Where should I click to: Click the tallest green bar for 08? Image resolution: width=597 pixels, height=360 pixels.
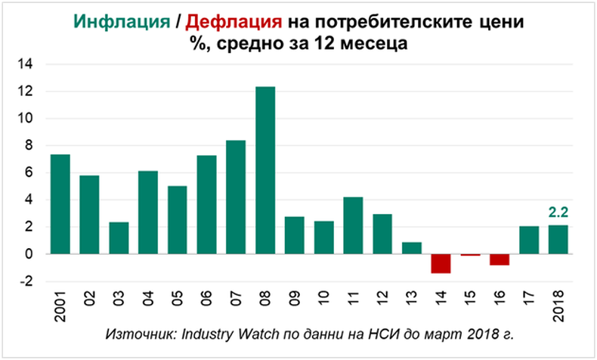tap(265, 170)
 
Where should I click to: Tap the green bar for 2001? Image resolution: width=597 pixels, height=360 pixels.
tap(60, 204)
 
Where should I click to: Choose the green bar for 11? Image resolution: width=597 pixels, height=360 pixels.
tap(353, 225)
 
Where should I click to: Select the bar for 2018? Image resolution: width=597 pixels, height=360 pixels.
tap(557, 240)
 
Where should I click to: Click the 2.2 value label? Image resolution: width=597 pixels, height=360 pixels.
tap(557, 214)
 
